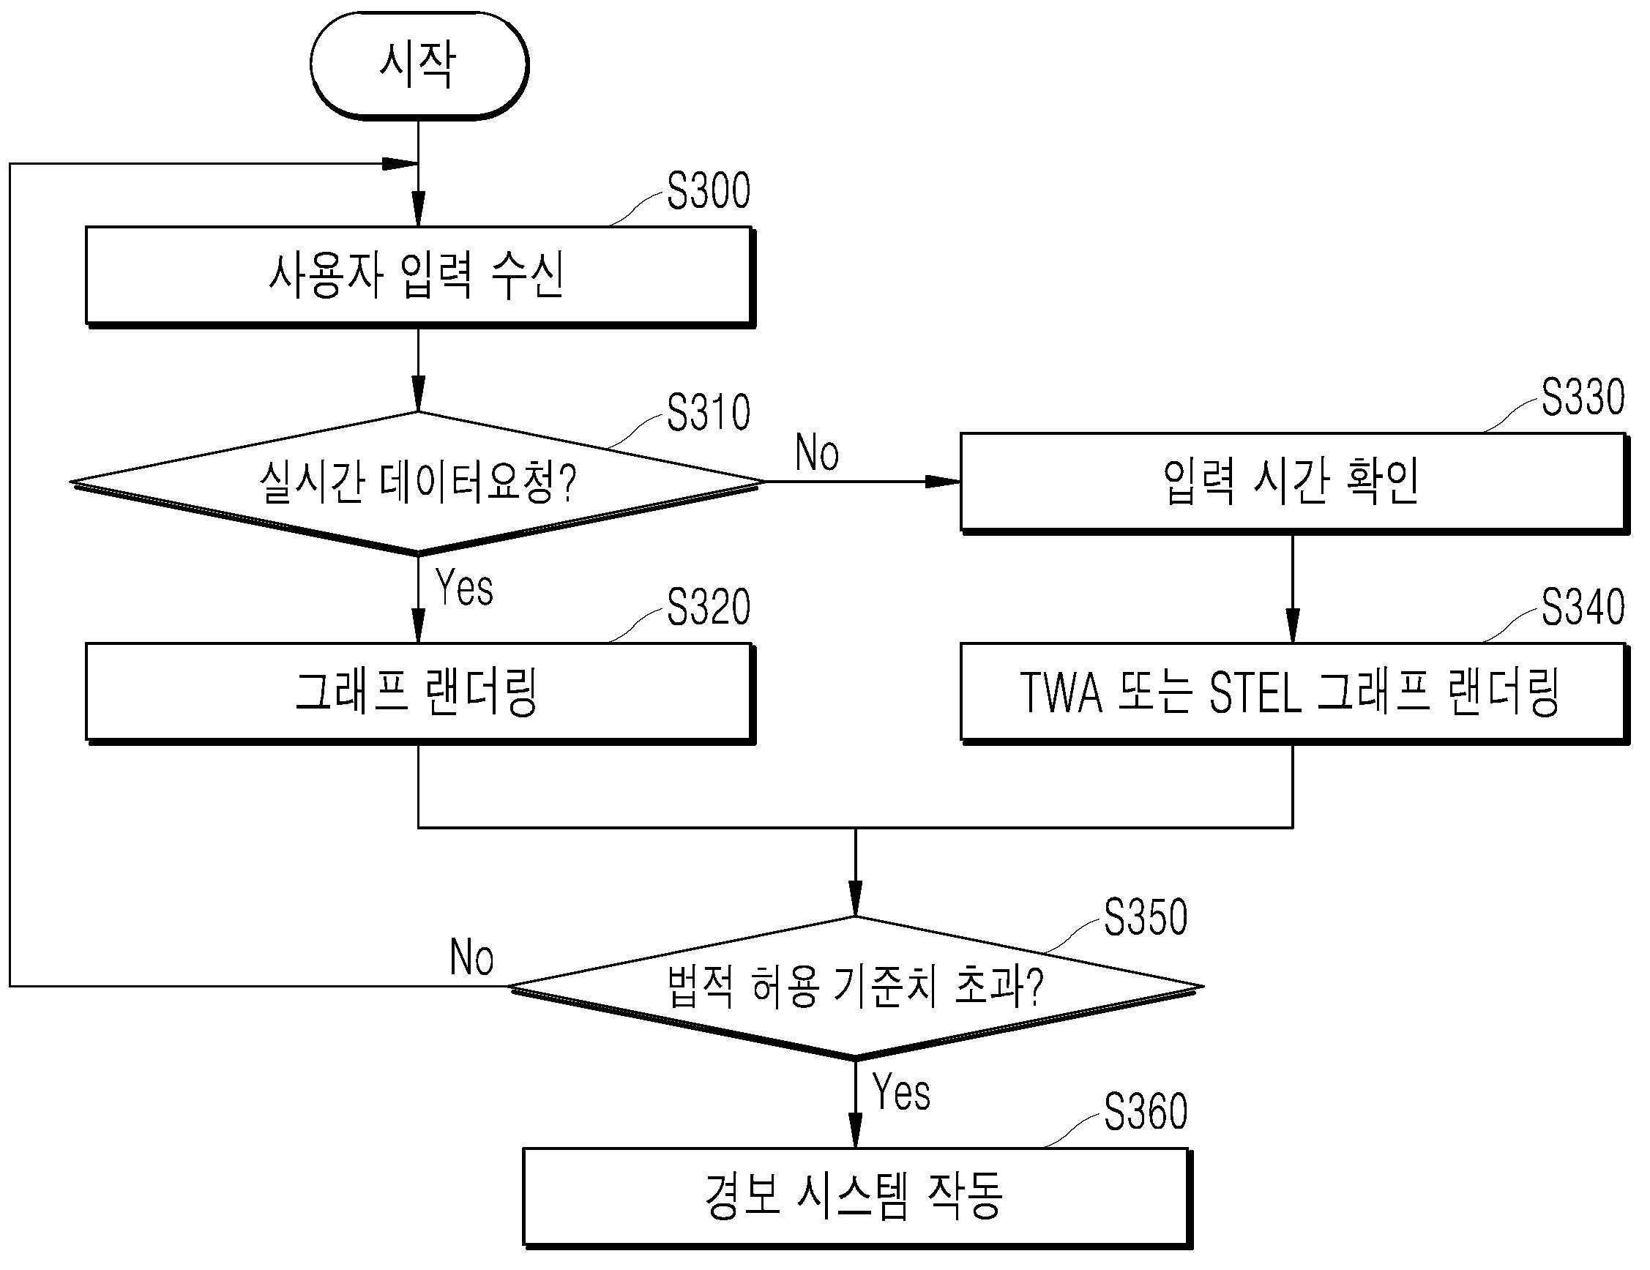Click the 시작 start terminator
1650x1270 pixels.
pyautogui.click(x=419, y=66)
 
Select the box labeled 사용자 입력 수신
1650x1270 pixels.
pyautogui.click(x=420, y=277)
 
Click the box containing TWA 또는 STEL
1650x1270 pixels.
pyautogui.click(x=1294, y=693)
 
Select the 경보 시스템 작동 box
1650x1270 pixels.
pyautogui.click(x=857, y=1198)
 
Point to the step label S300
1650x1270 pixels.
pyautogui.click(x=709, y=190)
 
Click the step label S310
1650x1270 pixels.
pyautogui.click(x=709, y=413)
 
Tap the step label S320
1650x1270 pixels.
pyautogui.click(x=709, y=607)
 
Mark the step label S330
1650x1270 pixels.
pyautogui.click(x=1583, y=397)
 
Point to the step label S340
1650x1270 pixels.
pyautogui.click(x=1583, y=607)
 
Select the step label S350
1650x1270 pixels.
pyautogui.click(x=1146, y=918)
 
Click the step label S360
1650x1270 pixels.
pyautogui.click(x=1146, y=1112)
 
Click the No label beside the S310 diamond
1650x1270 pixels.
pyautogui.click(x=818, y=452)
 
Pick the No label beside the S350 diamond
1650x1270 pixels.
pyautogui.click(x=471, y=957)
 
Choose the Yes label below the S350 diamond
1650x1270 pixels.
pyautogui.click(x=901, y=1092)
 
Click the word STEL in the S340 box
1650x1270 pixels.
pyautogui.click(x=1255, y=693)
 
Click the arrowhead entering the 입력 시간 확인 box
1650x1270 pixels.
pyautogui.click(x=943, y=481)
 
